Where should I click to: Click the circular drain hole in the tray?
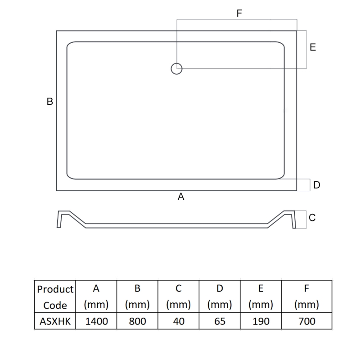point(176,68)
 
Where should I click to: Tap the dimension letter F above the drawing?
point(239,13)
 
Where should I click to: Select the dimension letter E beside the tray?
point(313,47)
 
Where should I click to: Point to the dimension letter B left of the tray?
point(50,102)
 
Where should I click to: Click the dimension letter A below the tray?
point(181,197)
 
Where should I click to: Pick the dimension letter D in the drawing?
point(317,185)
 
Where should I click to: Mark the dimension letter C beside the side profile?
point(312,218)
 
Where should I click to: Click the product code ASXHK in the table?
point(55,321)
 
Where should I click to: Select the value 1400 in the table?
point(96,321)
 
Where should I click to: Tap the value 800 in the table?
point(137,321)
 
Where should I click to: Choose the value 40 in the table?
point(178,321)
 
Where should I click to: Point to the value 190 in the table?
point(261,321)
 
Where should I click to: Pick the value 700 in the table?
point(306,321)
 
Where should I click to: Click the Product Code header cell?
point(55,297)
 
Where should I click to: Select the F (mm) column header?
point(306,297)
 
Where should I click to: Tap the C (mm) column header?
point(178,297)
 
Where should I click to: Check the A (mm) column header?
point(96,297)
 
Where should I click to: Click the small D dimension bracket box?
point(304,185)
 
